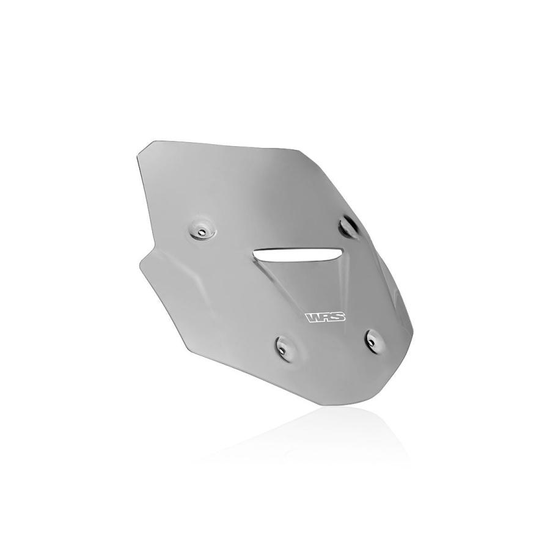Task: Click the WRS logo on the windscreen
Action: click(x=326, y=317)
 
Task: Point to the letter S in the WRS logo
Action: click(x=339, y=317)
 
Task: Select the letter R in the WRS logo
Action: click(x=326, y=317)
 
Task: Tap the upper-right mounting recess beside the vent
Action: click(x=348, y=227)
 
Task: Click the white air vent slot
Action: click(x=298, y=254)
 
